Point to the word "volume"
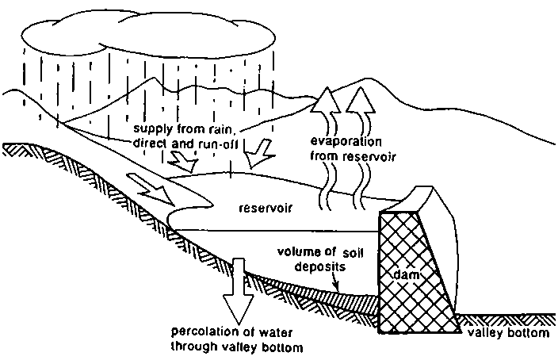[x=297, y=252]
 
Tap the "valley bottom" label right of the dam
[x=506, y=333]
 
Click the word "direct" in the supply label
[x=148, y=144]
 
